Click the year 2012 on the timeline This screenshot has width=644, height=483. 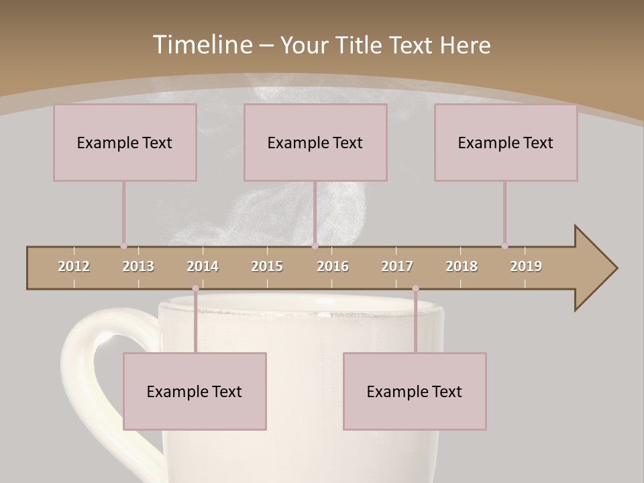[x=74, y=266]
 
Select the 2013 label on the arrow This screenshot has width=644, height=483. [x=138, y=266]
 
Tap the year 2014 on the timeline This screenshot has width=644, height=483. [x=203, y=266]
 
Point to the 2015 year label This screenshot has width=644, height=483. [x=267, y=266]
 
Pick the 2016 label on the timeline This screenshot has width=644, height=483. [x=333, y=266]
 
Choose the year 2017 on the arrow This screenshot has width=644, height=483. [x=397, y=266]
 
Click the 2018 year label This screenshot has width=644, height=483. [x=462, y=266]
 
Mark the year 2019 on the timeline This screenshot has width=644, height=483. [x=526, y=266]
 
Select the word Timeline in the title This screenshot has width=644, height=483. [x=202, y=45]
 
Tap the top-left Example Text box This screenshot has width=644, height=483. [x=125, y=142]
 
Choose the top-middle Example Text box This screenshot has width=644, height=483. [x=315, y=142]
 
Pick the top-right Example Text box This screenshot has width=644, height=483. [x=506, y=142]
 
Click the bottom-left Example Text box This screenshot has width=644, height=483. [x=195, y=391]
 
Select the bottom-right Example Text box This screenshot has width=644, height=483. [x=415, y=391]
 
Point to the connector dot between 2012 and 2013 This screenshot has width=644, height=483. [x=123, y=246]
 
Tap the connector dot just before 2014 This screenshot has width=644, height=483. [x=195, y=288]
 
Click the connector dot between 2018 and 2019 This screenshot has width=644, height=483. [x=504, y=246]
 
